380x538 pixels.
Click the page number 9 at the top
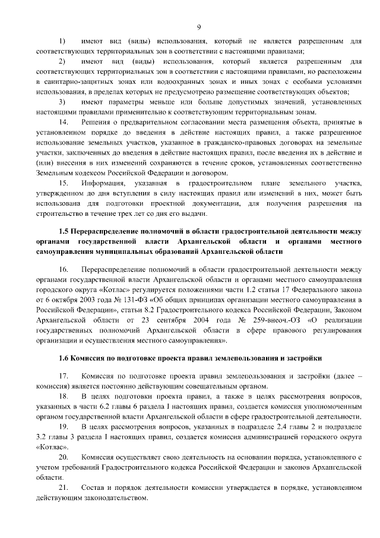pos(199,27)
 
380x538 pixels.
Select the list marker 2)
pos(63,62)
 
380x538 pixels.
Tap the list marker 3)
pos(63,102)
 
